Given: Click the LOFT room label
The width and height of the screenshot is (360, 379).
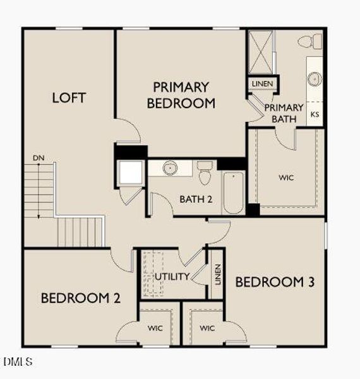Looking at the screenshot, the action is pos(69,98).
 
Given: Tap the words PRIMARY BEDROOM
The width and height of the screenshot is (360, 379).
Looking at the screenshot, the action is pos(181,95).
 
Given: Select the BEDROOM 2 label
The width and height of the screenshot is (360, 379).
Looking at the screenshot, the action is pos(81,298).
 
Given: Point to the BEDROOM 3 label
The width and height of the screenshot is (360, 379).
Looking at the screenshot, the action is pos(275,282).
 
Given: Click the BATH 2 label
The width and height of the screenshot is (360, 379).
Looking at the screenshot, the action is pos(196,199).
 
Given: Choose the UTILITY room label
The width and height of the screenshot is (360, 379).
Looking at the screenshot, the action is pos(172,276).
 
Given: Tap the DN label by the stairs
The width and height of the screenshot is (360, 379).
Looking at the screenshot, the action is pos(39,158).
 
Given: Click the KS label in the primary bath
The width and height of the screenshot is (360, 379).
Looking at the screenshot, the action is pos(315,114).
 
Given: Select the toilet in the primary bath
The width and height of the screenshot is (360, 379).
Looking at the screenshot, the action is pos(310,41).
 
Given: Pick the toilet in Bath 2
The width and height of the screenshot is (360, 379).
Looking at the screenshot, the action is pos(205,173).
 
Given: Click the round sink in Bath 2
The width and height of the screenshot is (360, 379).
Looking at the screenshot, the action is pos(170,167).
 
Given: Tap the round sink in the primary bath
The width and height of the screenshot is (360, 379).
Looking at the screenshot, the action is pos(315,79).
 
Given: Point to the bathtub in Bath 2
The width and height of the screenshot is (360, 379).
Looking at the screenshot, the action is pos(233,193).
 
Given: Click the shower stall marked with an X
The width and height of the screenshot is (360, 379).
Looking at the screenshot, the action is pos(261,52).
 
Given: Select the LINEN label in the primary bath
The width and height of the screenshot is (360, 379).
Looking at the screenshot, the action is pos(263,84).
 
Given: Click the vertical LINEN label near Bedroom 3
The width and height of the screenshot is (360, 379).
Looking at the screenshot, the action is pos(218,274).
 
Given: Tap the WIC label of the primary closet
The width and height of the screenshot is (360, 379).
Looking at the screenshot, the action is pos(286,177).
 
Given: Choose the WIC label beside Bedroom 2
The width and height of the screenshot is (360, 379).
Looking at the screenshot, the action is pos(155,328).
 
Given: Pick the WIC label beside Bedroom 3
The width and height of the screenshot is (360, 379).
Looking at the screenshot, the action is pos(207,328).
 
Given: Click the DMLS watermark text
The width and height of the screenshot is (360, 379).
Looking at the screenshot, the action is pos(18,361).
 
